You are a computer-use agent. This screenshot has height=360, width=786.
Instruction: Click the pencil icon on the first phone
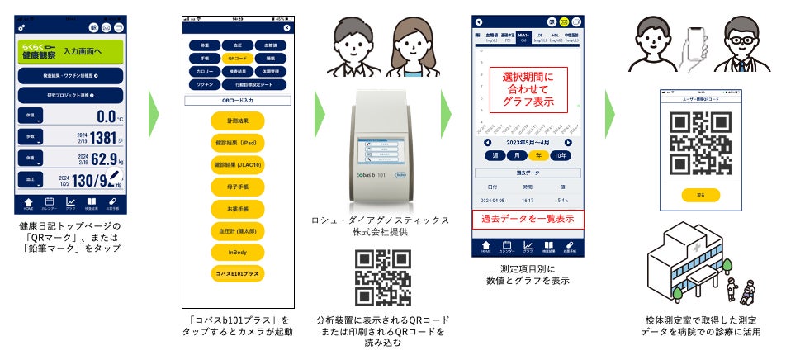tap(115, 176)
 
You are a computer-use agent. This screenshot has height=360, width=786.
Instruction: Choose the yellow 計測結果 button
tap(236, 120)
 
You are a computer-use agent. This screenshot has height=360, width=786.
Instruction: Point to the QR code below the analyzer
tap(384, 277)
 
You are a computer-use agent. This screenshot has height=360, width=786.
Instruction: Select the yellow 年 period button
tap(540, 154)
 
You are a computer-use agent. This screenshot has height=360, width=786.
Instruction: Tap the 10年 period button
tap(561, 154)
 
